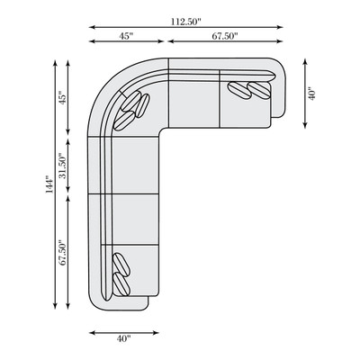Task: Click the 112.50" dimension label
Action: click(x=186, y=22)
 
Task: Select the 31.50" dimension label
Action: click(x=62, y=166)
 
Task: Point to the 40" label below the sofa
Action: click(x=124, y=338)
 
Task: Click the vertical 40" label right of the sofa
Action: click(x=312, y=94)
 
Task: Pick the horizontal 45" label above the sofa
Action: click(x=126, y=36)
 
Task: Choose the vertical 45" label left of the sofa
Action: click(x=62, y=98)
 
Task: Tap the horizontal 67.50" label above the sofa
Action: click(x=225, y=36)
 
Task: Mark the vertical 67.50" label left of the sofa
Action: click(x=62, y=253)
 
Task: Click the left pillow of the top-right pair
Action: click(x=239, y=90)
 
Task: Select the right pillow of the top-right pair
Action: click(x=259, y=90)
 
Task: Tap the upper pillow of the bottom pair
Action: click(x=121, y=265)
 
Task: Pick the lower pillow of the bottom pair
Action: click(x=121, y=284)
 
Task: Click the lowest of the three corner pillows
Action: click(x=124, y=121)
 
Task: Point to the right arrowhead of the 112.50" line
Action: click(x=280, y=27)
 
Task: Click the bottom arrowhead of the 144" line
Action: click(x=55, y=306)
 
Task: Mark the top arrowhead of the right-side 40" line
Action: click(x=305, y=62)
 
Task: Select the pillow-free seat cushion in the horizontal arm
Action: click(x=194, y=103)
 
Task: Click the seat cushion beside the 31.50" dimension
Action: click(x=135, y=166)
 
